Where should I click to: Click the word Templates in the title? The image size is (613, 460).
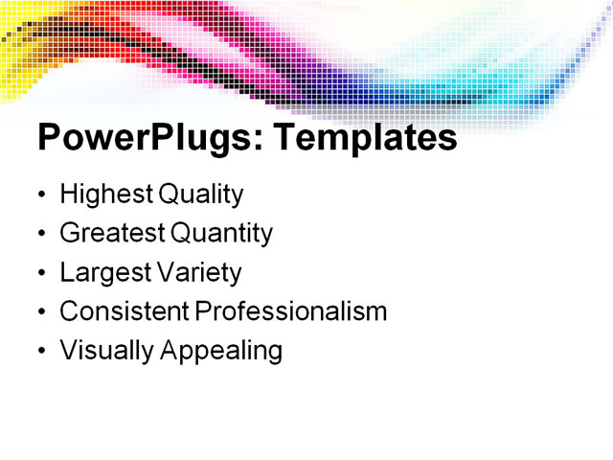[365, 139]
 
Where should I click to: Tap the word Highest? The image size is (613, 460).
[105, 195]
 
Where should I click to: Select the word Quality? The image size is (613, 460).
[200, 195]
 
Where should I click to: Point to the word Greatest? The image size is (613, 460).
[112, 233]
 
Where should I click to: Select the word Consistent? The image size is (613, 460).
[125, 311]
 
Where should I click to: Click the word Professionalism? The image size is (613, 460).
[291, 311]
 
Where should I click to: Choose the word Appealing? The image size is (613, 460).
[221, 351]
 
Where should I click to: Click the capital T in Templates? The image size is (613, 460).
[285, 138]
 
